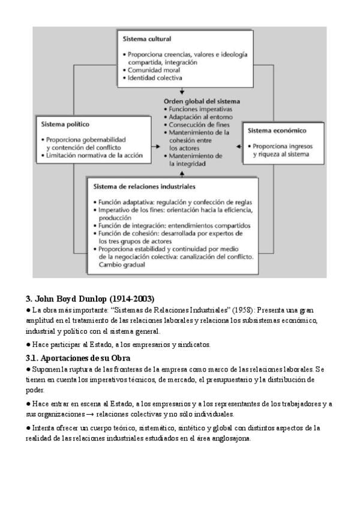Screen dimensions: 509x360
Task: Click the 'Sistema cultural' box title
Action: [147, 38]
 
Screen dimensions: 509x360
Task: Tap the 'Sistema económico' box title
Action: [277, 130]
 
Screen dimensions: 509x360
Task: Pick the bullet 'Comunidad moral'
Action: [150, 70]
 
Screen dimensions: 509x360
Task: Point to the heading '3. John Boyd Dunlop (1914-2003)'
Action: [90, 298]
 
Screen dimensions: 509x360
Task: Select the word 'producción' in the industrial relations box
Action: [116, 218]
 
